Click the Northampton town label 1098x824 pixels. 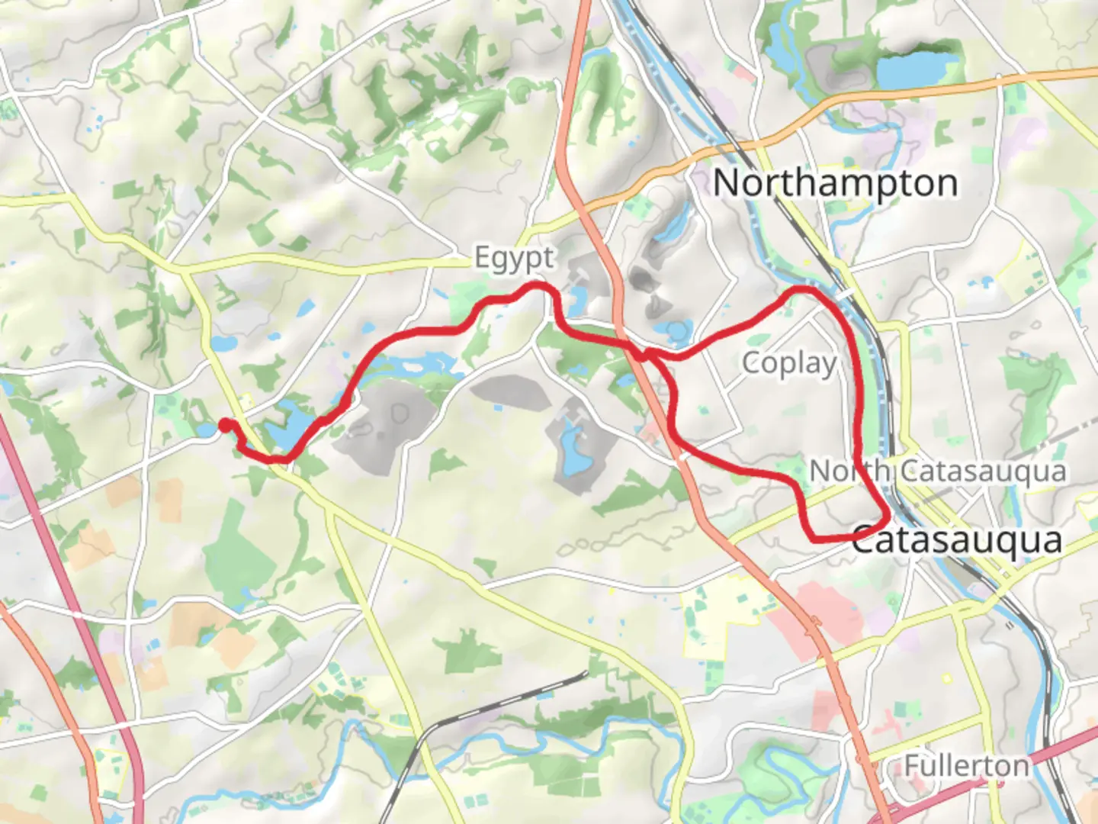(835, 184)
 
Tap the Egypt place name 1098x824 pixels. (514, 258)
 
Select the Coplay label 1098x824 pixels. (789, 363)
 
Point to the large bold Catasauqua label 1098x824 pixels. (956, 540)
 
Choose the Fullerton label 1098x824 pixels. (967, 764)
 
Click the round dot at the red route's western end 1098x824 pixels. (226, 425)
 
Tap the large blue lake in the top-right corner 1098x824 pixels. (915, 67)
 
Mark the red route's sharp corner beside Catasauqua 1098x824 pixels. (886, 518)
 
